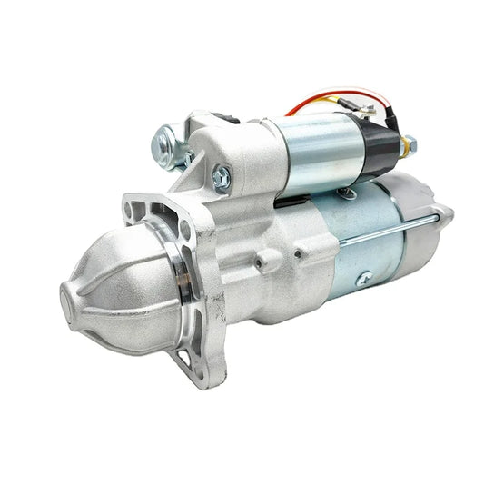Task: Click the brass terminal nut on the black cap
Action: [x=409, y=143]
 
